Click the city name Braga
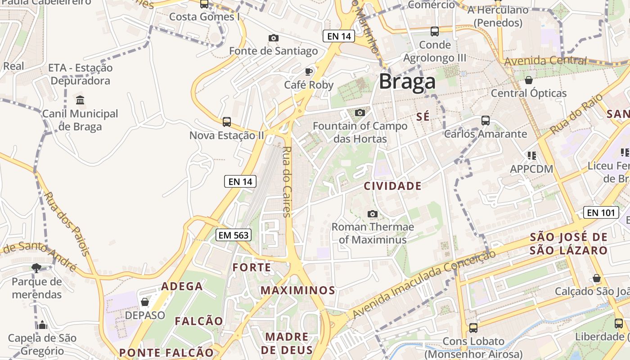point(407,82)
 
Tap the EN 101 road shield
point(601,212)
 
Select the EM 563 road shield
point(233,234)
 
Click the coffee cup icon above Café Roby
point(309,72)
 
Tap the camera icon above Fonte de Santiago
point(273,38)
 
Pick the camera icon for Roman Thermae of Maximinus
point(373,214)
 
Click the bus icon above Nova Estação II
point(227,121)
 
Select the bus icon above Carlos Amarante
point(485,121)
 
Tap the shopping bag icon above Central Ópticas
point(528,80)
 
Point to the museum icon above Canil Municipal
point(80,100)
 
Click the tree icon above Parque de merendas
point(36,268)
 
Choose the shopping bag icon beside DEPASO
point(145,302)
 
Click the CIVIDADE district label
point(392,186)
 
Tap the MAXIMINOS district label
point(298,290)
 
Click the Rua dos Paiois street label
point(67,224)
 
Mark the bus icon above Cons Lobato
point(473,328)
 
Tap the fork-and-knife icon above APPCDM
point(531,156)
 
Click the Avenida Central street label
point(545,60)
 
